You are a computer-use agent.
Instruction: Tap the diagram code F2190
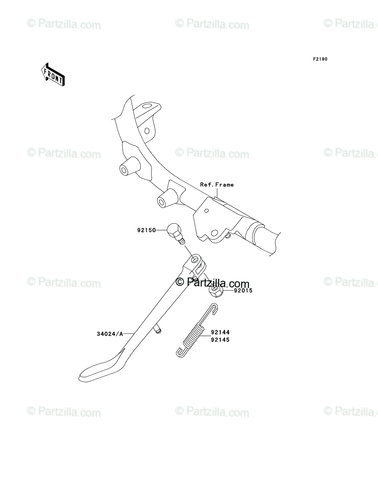(319, 59)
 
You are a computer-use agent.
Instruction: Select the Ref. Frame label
(217, 185)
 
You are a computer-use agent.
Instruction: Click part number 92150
(146, 231)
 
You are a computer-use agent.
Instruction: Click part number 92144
(220, 332)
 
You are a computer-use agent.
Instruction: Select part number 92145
(220, 340)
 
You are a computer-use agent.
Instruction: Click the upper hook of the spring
(213, 307)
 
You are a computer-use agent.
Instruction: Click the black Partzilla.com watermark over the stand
(213, 283)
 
